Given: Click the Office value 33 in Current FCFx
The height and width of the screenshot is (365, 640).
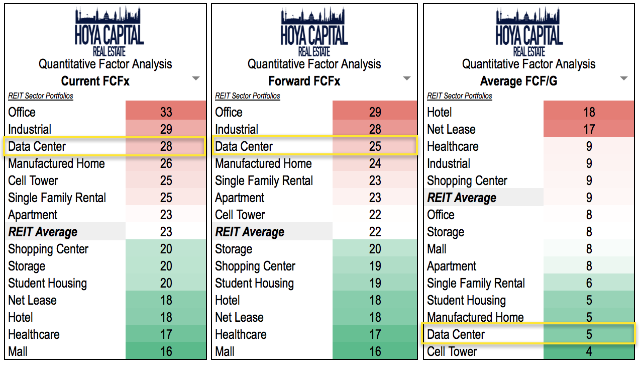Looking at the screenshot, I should click(166, 112).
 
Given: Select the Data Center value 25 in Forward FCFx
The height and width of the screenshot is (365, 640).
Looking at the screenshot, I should click(375, 146).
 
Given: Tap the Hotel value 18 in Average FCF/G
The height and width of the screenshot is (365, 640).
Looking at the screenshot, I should click(589, 112).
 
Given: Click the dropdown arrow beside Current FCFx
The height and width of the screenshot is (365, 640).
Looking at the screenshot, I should click(196, 79).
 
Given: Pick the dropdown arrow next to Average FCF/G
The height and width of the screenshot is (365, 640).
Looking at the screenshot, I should click(624, 79).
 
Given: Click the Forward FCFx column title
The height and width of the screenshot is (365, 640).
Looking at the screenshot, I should click(304, 81).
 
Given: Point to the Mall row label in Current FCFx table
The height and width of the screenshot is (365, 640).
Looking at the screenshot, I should click(18, 351).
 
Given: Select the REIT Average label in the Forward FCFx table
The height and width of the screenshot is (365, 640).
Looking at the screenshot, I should click(250, 232).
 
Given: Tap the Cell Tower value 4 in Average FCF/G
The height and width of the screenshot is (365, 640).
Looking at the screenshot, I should click(589, 351).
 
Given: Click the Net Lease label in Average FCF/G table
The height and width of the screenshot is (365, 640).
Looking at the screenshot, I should click(451, 129).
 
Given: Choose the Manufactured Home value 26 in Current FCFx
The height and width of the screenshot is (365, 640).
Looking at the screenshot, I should click(166, 163).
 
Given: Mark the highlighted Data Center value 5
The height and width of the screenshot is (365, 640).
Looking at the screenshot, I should click(589, 334).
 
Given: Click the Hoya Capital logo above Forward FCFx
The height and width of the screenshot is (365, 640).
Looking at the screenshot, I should click(314, 31).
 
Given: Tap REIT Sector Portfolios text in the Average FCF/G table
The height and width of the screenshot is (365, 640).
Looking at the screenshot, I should click(460, 96).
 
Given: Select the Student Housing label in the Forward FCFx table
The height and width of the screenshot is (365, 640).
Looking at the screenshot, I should click(254, 283).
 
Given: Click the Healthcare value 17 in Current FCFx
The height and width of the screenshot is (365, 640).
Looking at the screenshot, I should click(166, 334).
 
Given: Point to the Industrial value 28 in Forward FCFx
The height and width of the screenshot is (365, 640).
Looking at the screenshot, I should click(375, 129).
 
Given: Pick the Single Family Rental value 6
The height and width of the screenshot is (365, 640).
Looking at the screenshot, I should click(589, 283).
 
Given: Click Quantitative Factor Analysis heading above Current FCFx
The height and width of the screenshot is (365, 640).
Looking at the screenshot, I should click(105, 64).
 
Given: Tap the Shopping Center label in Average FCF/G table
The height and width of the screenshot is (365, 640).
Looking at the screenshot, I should click(467, 180).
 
